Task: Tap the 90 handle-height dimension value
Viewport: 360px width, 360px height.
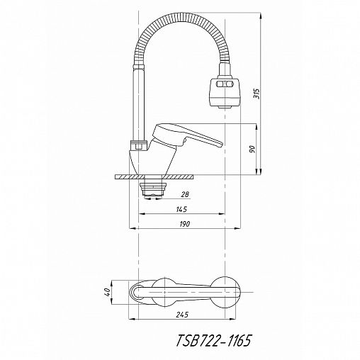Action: pos(252,149)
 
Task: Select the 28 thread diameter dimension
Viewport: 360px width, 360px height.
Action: pos(185,194)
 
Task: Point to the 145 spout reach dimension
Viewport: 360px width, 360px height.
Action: pos(181,209)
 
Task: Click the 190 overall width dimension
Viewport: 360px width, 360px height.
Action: pos(184,224)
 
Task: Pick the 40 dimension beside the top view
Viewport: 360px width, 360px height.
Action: pos(107,292)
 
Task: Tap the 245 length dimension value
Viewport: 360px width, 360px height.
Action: pos(182,315)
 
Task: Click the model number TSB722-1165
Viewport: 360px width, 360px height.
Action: pos(213,341)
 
